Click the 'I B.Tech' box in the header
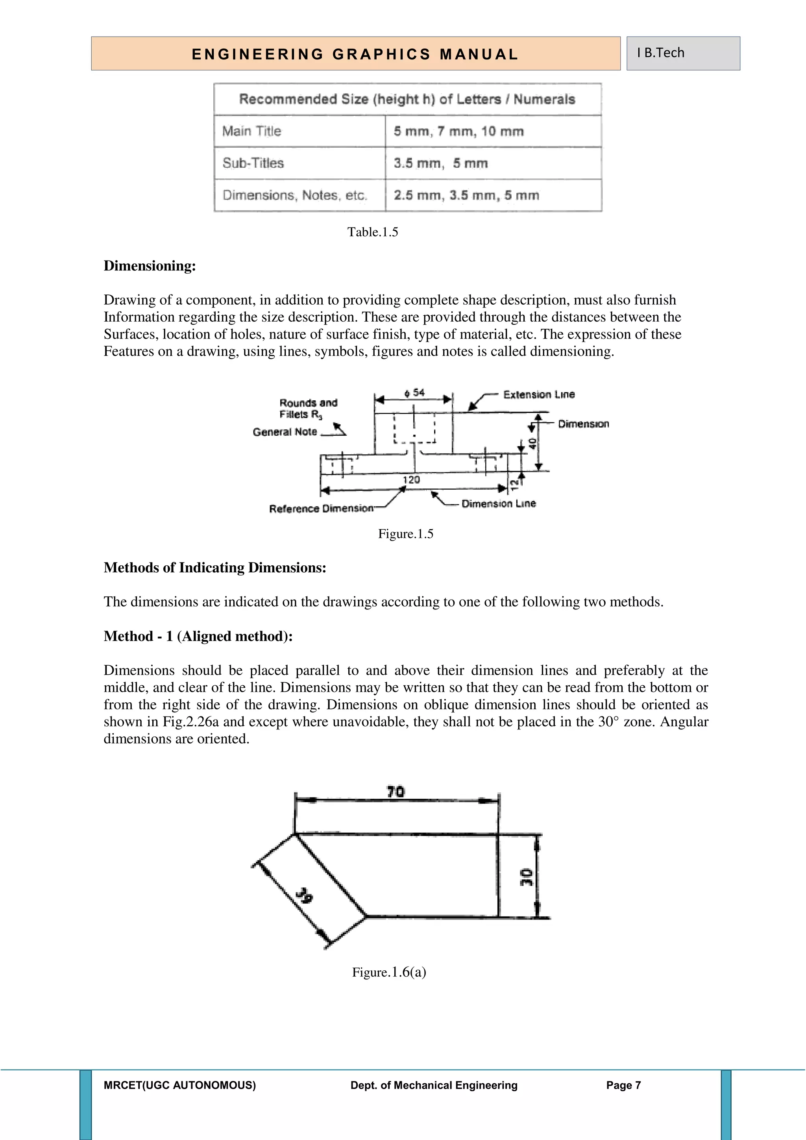[682, 53]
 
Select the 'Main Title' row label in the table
[251, 131]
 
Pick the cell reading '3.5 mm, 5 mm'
[441, 163]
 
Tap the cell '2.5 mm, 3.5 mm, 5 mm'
[466, 195]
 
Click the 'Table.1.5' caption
[372, 232]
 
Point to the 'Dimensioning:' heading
[150, 266]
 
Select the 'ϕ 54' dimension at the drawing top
[415, 393]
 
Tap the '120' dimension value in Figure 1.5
[411, 479]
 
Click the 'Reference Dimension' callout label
[321, 509]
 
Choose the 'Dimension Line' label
[498, 503]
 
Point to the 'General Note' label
[285, 432]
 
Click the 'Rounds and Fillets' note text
[308, 408]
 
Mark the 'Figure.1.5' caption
[405, 534]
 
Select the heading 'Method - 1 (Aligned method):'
[198, 636]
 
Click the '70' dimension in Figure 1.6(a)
[396, 792]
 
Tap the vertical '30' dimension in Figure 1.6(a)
[527, 877]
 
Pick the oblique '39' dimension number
[304, 896]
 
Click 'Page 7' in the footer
[623, 1085]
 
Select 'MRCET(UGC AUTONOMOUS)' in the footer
[180, 1085]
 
